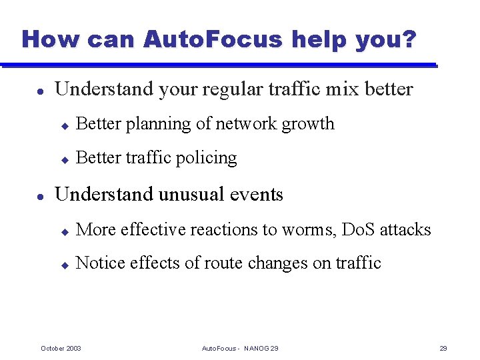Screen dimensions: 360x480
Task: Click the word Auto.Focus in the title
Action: click(x=214, y=39)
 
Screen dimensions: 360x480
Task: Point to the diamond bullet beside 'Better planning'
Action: click(x=65, y=125)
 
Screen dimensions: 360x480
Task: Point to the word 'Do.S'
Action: click(x=358, y=230)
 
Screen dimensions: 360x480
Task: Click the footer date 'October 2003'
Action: click(x=61, y=348)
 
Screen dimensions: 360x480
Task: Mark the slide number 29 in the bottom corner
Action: click(x=443, y=348)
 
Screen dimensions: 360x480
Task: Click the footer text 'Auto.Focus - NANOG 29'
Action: click(x=240, y=348)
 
